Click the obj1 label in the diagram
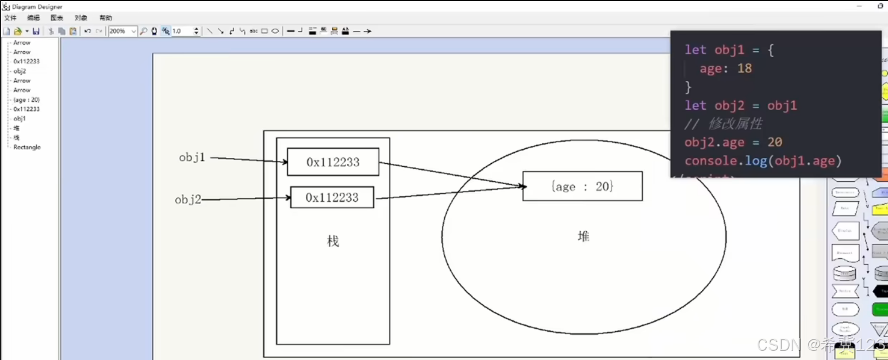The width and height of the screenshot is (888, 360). point(192,158)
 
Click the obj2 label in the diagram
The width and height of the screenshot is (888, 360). point(188,200)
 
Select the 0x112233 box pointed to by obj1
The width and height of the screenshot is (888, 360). point(333,162)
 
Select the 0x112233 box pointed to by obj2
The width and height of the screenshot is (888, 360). point(332,197)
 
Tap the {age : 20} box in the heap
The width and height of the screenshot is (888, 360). point(582,186)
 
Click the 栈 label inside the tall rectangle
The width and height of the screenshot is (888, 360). point(333,241)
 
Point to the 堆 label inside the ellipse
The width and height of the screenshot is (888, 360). point(583,236)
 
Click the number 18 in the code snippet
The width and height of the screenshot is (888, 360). point(744,68)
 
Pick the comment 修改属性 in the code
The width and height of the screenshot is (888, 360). point(735,124)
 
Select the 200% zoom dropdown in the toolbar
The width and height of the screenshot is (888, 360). point(123,31)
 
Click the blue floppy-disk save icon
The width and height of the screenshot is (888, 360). point(36,31)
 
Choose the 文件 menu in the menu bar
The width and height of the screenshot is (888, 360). point(10,18)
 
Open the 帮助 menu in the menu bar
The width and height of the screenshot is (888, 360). point(106,18)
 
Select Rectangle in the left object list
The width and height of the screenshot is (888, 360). point(27,147)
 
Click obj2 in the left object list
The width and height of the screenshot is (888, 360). point(20,71)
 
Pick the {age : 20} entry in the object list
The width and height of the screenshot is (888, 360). point(26,99)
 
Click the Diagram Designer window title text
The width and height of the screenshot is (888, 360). point(37,7)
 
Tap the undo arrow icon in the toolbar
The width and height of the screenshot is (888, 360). point(87,31)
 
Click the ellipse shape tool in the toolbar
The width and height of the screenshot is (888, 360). point(275,31)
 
